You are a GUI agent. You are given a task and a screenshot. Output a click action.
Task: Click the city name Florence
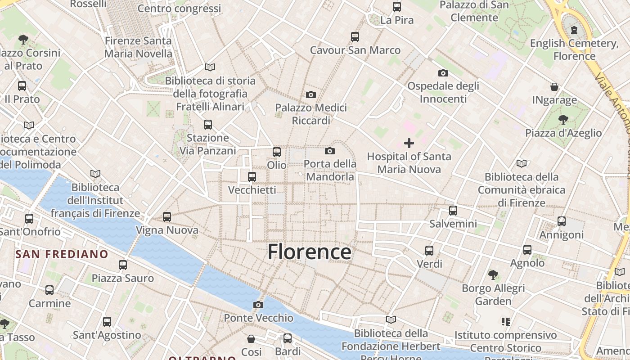(309, 252)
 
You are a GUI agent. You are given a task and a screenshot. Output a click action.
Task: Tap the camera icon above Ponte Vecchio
(258, 305)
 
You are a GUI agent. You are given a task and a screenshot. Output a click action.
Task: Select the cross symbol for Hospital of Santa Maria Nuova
(409, 143)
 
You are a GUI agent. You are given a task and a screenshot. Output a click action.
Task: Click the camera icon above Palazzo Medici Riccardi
(310, 94)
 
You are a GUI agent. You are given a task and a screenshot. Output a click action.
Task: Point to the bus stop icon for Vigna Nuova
(167, 217)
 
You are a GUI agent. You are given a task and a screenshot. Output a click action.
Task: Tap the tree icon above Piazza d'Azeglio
(563, 119)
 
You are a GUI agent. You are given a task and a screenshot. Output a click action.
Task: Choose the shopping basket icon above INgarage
(554, 86)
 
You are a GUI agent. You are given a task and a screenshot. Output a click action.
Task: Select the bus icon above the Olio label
(276, 152)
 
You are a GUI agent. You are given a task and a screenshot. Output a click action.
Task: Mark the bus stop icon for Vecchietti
(252, 177)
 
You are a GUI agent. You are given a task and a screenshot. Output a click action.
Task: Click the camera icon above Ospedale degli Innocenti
(443, 73)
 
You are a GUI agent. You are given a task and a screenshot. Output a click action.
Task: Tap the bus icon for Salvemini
(453, 210)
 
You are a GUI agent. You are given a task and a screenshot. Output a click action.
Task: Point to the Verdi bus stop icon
(429, 250)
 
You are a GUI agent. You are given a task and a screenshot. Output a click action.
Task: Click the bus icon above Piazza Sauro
(123, 265)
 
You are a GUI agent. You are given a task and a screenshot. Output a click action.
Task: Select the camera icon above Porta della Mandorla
(330, 151)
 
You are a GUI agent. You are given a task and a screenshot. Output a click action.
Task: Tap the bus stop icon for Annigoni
(561, 221)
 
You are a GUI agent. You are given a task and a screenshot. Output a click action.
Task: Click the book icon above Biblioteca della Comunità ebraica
(521, 163)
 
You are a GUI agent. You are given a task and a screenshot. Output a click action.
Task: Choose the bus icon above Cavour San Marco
(355, 37)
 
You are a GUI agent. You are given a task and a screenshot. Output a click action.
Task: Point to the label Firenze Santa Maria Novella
(138, 47)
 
